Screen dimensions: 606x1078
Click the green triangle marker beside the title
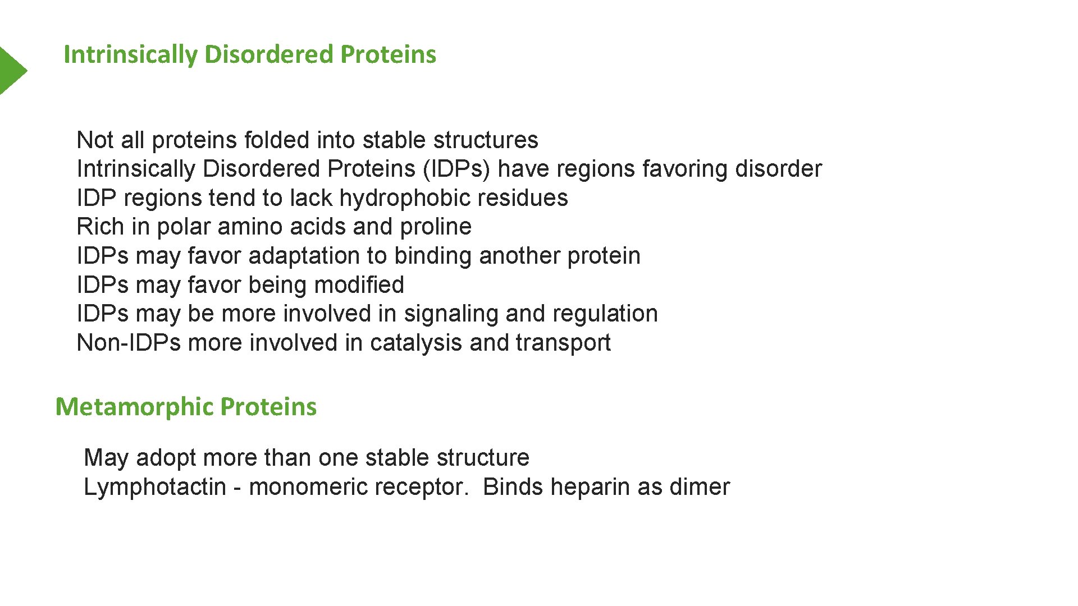click(11, 70)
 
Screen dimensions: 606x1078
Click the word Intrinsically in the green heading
click(130, 54)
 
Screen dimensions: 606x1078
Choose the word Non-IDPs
click(129, 343)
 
